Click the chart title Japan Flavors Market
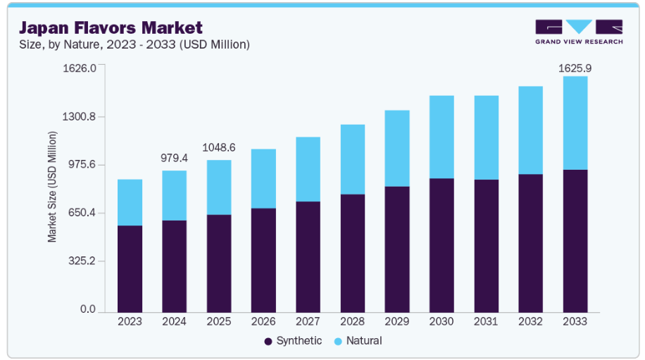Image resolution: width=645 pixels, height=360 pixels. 111,28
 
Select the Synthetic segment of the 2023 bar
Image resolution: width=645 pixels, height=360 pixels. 130,268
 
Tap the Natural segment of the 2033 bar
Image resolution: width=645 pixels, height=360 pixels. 575,123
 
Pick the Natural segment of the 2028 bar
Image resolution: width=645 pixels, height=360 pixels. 352,159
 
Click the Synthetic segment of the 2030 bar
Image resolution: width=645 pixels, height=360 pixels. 442,245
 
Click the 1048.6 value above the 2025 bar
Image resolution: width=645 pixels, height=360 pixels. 219,148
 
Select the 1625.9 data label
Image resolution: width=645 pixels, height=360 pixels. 575,68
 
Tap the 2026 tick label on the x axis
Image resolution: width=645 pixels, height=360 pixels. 263,321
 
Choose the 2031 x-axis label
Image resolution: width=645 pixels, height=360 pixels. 486,321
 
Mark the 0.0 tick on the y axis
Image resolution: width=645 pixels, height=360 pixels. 88,309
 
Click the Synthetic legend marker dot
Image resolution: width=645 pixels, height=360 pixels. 268,342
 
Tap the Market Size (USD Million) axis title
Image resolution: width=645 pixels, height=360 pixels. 52,187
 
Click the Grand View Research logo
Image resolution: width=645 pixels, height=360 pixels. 579,32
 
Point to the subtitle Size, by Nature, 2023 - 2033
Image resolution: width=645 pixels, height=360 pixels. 134,45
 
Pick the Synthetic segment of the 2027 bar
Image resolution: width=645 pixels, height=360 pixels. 308,256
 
